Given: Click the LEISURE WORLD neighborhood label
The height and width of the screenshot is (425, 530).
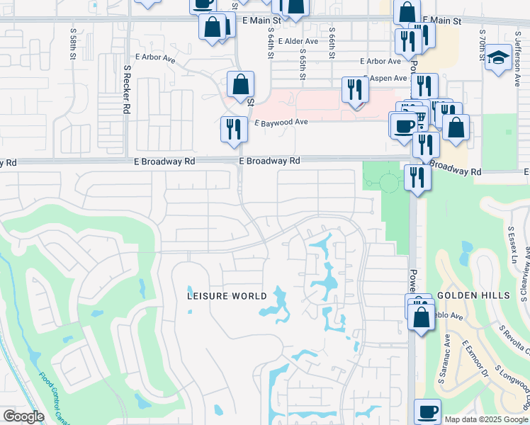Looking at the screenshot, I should [x=227, y=296].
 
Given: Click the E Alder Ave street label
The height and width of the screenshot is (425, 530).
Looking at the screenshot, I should [x=300, y=42].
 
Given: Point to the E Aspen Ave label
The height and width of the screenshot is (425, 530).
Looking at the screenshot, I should [x=385, y=78].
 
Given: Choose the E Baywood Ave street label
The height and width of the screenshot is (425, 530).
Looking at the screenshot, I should [x=281, y=122].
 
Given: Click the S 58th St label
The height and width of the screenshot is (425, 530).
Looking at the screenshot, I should [x=73, y=44].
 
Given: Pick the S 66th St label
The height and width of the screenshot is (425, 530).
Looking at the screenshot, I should [x=332, y=44].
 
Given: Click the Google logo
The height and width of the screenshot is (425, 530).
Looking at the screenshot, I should [x=23, y=416].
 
